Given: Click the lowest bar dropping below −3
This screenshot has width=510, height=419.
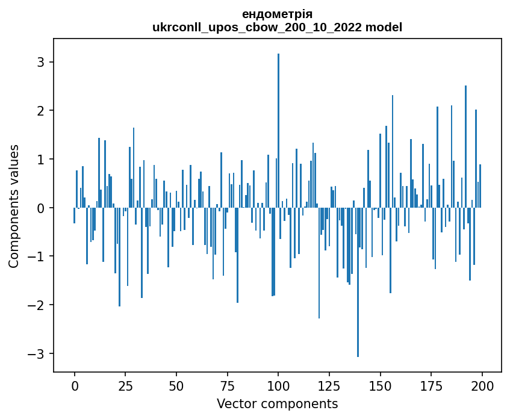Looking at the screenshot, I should pos(358,282).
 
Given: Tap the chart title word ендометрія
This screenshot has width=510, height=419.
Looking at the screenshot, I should pos(277,14).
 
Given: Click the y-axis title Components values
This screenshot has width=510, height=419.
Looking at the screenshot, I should pos(13,206).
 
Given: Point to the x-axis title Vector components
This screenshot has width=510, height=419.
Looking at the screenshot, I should pos(277,403).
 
